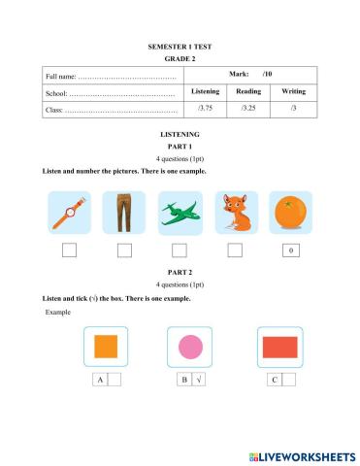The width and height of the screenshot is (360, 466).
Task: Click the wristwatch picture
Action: (70, 213)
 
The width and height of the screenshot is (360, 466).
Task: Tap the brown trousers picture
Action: (124, 213)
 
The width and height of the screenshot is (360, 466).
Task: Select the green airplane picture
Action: (180, 213)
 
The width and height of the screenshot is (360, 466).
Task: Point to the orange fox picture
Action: (235, 213)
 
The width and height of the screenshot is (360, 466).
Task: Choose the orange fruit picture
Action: (289, 213)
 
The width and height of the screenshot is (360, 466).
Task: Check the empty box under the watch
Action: (70, 251)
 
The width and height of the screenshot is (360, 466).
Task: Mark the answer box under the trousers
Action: (124, 251)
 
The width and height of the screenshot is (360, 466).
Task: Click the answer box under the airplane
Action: (180, 251)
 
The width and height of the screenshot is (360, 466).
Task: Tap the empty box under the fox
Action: (235, 251)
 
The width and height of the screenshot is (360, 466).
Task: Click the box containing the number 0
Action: (289, 251)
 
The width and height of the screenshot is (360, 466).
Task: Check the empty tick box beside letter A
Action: (114, 380)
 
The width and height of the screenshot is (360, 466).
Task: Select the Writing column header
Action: (293, 91)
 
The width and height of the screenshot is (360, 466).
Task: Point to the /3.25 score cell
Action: (248, 108)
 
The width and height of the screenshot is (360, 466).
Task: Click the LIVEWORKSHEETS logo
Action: (301, 455)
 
